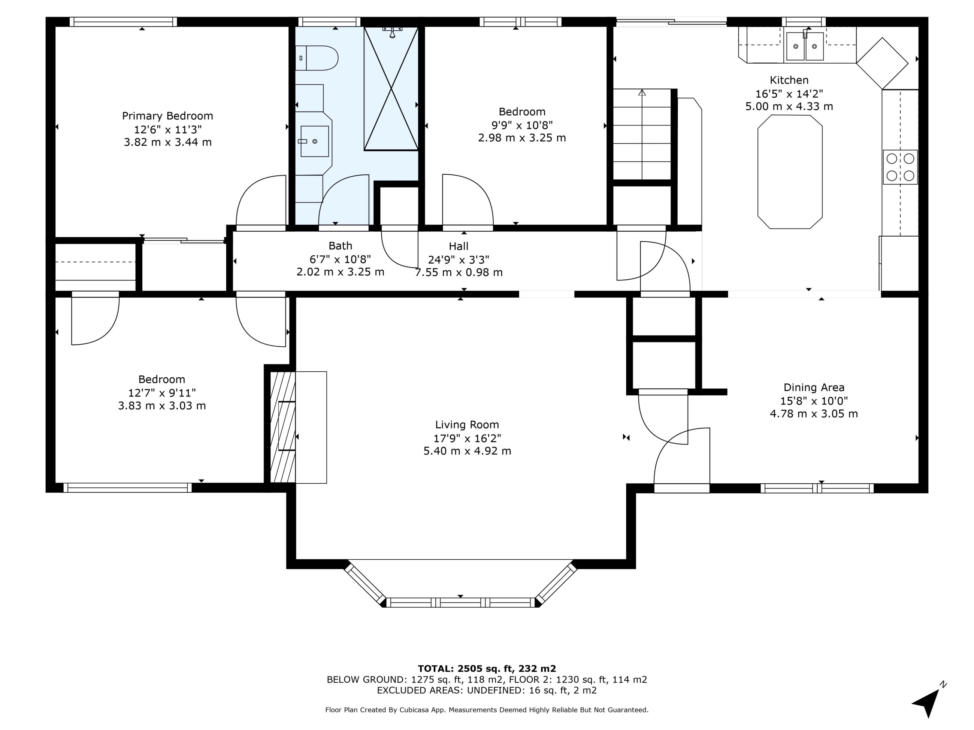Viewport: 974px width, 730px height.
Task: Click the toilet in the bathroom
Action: [316, 58]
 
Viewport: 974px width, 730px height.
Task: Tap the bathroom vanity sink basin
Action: [314, 141]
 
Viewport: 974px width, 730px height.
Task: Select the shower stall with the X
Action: [391, 88]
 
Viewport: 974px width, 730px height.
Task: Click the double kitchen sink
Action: [805, 46]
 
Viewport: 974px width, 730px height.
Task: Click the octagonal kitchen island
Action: [790, 171]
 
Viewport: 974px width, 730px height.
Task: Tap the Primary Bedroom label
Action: [167, 116]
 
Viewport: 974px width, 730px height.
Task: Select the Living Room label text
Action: [467, 425]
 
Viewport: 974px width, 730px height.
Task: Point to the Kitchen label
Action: [789, 80]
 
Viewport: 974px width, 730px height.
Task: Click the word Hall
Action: [459, 246]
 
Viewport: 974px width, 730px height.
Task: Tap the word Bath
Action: [341, 246]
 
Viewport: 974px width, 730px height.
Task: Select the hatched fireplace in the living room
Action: [282, 427]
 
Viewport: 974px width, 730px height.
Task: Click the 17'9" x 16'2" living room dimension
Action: [467, 438]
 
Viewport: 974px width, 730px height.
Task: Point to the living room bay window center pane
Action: [460, 602]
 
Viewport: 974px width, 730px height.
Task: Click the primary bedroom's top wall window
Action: [123, 22]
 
